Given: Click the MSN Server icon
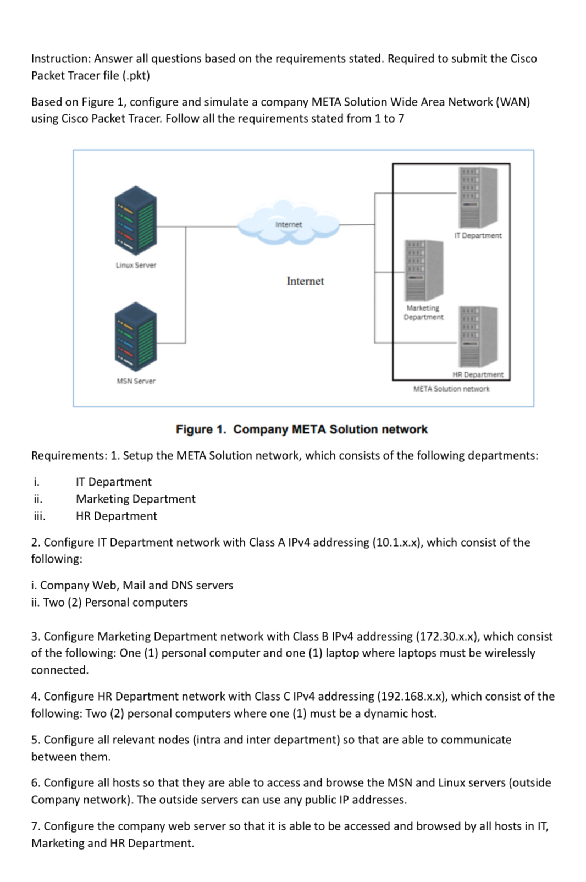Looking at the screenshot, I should [136, 337].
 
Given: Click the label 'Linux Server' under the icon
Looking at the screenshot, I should [136, 265].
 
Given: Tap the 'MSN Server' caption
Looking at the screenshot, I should [136, 381].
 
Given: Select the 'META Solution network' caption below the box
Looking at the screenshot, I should [451, 389].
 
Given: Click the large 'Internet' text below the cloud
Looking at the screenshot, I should [305, 281].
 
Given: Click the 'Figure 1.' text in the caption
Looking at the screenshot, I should [201, 429].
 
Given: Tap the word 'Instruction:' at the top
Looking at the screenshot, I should [60, 58].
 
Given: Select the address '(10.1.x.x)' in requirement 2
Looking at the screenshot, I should [397, 542].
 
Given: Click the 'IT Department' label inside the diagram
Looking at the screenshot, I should [478, 235].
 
